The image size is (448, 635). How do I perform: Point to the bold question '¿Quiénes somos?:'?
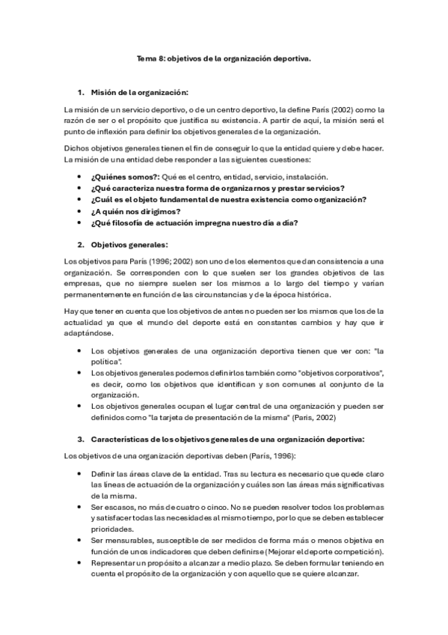pyautogui.click(x=119, y=176)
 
